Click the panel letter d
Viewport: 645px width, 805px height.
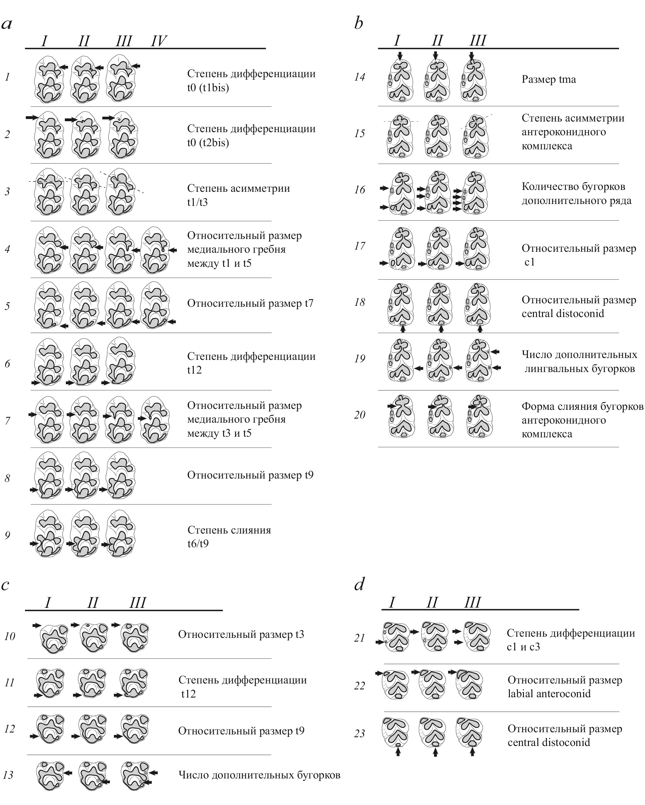point(359,584)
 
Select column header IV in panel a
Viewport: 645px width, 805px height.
point(159,41)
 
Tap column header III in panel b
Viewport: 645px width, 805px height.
point(477,40)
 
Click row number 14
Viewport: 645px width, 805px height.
point(359,77)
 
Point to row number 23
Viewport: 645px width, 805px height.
point(359,734)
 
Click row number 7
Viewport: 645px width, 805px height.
point(7,421)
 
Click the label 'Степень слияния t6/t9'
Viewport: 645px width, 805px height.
point(229,537)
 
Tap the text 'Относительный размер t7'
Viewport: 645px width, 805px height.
point(250,303)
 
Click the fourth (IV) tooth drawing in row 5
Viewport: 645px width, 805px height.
point(155,306)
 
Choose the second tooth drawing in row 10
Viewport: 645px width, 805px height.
point(93,637)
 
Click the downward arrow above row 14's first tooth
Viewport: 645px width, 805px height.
point(400,56)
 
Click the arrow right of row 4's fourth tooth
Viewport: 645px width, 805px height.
point(173,250)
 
